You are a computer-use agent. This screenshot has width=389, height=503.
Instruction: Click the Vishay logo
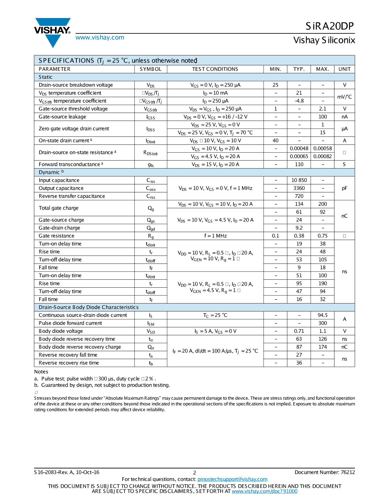(x=53, y=32)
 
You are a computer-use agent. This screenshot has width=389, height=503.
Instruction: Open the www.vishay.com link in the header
(x=100, y=38)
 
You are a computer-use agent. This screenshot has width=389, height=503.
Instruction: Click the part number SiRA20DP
(x=330, y=26)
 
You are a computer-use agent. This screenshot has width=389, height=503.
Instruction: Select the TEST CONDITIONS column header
(x=215, y=69)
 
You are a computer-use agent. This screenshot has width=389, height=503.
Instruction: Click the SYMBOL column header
(x=151, y=69)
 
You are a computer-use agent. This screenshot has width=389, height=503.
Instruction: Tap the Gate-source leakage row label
(x=62, y=117)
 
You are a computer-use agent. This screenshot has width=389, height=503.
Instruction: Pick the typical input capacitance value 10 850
(x=299, y=180)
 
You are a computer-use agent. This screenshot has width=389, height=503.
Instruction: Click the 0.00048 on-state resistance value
(x=299, y=148)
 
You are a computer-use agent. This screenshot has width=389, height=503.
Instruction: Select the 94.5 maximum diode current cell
(x=322, y=315)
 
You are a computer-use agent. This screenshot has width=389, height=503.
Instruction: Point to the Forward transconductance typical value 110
(x=299, y=164)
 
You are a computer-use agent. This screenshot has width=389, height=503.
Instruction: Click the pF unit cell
(x=344, y=188)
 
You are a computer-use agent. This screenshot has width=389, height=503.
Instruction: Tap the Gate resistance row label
(x=56, y=236)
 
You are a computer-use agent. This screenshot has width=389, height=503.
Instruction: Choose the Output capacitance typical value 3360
(x=299, y=188)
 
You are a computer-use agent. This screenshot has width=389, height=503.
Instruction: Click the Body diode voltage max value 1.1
(x=322, y=331)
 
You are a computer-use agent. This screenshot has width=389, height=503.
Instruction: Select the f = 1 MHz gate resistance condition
(x=215, y=236)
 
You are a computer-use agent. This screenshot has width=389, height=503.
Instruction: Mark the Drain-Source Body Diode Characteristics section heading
(x=88, y=307)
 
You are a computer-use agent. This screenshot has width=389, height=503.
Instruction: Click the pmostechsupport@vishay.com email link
(x=232, y=479)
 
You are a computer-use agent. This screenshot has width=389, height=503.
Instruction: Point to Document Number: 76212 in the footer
(x=325, y=472)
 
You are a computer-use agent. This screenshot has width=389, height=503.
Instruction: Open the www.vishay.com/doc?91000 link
(x=264, y=491)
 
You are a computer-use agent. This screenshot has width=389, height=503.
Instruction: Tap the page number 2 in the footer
(x=194, y=473)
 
